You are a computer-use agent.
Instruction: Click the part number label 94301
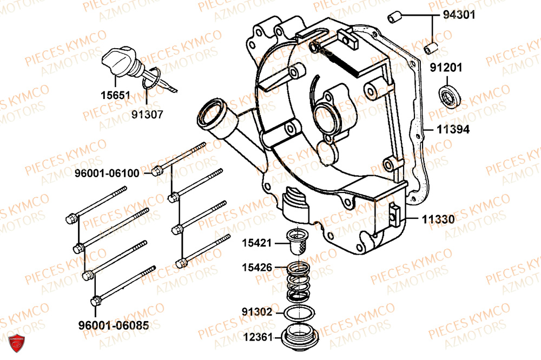[x=459, y=16]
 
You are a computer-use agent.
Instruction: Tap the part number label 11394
[x=453, y=130]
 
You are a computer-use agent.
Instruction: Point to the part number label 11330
[x=438, y=220]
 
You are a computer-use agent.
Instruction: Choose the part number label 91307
[x=147, y=115]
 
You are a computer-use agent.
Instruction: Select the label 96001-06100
[x=107, y=173]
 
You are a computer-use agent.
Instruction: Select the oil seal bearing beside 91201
[x=447, y=97]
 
